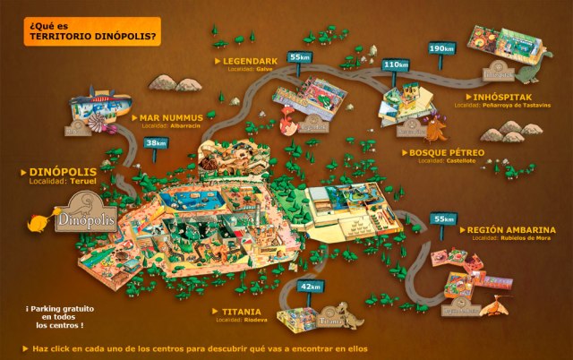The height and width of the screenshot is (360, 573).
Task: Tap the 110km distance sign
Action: point(396,64)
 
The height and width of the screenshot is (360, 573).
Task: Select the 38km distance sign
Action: point(156,142)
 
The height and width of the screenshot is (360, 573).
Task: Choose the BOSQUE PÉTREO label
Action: point(448,153)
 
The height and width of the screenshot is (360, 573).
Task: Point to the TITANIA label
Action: point(237,310)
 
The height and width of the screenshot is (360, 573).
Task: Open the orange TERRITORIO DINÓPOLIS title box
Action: point(81,30)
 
